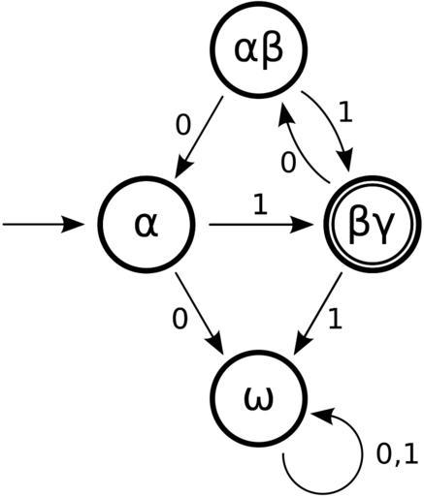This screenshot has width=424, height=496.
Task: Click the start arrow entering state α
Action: [x=43, y=225]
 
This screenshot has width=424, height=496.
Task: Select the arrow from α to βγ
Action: [x=259, y=225]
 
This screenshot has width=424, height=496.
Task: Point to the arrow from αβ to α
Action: [x=198, y=138]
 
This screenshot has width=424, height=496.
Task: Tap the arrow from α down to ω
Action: [x=199, y=313]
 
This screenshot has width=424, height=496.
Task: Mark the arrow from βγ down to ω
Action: [x=317, y=314]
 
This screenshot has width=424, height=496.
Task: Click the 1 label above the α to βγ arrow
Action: [x=260, y=204]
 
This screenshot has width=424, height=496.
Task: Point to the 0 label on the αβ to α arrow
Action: [x=183, y=125]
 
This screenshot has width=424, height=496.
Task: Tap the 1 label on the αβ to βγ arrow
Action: [x=345, y=112]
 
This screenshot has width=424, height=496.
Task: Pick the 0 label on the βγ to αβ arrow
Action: [x=288, y=163]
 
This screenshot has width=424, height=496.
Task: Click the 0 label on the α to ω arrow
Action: [x=179, y=319]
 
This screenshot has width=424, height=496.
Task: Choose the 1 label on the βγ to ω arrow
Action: [x=335, y=319]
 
